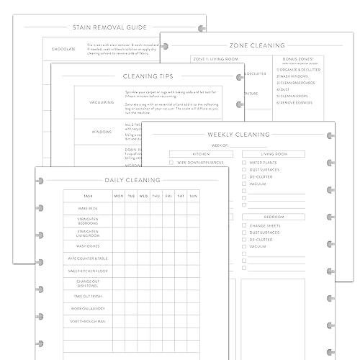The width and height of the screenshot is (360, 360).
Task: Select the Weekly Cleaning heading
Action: pos(238,134)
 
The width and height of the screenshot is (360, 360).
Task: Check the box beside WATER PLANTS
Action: pos(245,163)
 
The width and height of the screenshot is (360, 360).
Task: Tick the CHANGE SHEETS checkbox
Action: pos(245,225)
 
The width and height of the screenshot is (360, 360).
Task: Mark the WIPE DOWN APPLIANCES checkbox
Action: pos(171,163)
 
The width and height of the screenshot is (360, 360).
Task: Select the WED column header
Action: pos(144,195)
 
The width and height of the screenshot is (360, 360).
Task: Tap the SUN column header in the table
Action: pos(193,195)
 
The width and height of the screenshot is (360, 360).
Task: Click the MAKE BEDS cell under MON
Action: pos(119,208)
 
